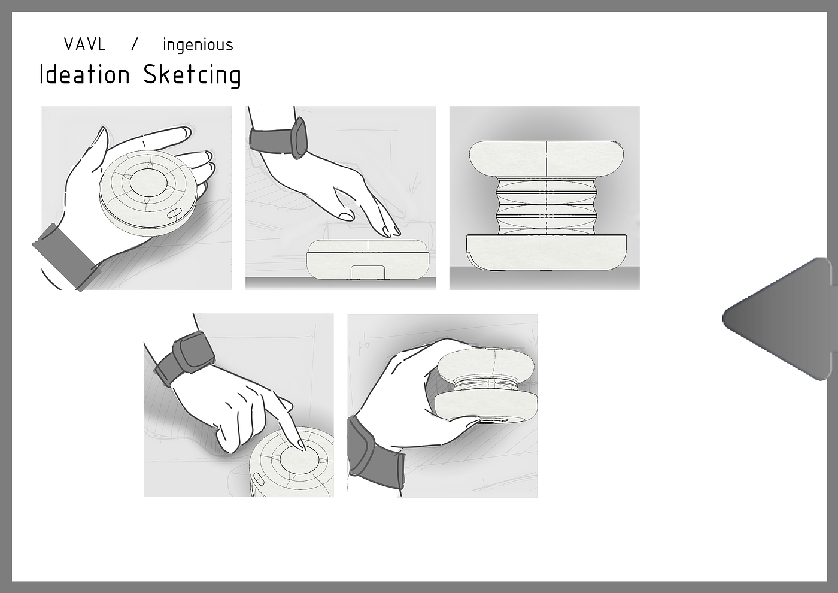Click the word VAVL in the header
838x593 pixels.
[x=85, y=44]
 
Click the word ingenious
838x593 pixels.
[x=198, y=45]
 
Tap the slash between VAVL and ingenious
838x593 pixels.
[x=135, y=44]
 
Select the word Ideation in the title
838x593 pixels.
[x=84, y=74]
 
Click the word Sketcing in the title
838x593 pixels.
[x=192, y=75]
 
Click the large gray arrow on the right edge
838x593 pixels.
[x=780, y=319]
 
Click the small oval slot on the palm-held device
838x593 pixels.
[x=174, y=213]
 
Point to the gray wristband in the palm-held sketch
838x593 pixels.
[x=65, y=255]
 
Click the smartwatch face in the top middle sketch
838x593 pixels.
[x=300, y=138]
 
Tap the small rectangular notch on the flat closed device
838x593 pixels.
[x=368, y=272]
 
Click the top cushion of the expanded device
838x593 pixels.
[x=546, y=159]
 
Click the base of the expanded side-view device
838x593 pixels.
[x=546, y=252]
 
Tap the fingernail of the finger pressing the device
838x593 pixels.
[x=301, y=444]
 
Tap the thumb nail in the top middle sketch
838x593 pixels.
[x=346, y=216]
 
